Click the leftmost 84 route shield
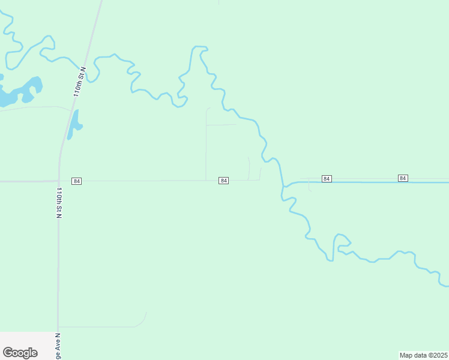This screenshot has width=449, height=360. coord(76,181)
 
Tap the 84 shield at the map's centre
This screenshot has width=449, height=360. coord(223,181)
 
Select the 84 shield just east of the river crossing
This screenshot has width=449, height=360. coord(327,179)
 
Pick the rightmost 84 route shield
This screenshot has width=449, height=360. coord(403,178)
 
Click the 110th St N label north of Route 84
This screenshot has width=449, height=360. coord(80,82)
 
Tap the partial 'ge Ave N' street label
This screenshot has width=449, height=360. coord(58,347)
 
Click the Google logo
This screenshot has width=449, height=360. coord(20,352)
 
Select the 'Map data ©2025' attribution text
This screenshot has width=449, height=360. coord(423,355)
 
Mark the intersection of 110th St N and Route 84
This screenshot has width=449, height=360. coord(58,181)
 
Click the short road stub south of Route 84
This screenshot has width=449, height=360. coord(309,185)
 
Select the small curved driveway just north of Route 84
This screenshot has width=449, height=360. coord(249,168)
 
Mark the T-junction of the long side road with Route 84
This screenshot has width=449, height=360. coord(206,180)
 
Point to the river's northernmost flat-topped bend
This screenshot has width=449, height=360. coord(199,47)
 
